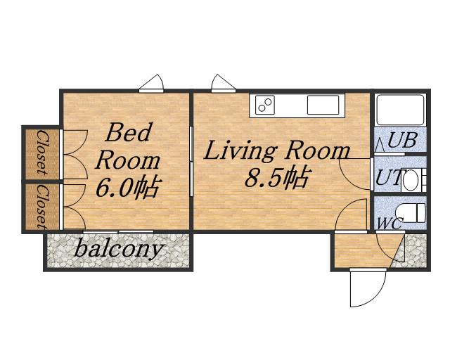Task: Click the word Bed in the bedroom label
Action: coord(128,132)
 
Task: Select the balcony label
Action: coord(119,249)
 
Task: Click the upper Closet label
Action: coord(42,153)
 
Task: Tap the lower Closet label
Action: coord(42,207)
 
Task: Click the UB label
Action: coord(402,141)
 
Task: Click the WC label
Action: coord(390,224)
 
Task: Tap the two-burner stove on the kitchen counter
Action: coord(262,105)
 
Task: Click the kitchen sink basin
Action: coord(323,105)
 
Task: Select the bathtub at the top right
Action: coord(401,110)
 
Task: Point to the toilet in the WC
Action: coord(411,213)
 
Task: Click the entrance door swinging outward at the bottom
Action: coord(368,288)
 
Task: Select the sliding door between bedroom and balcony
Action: coord(118,231)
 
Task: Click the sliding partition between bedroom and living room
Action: coord(191,162)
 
